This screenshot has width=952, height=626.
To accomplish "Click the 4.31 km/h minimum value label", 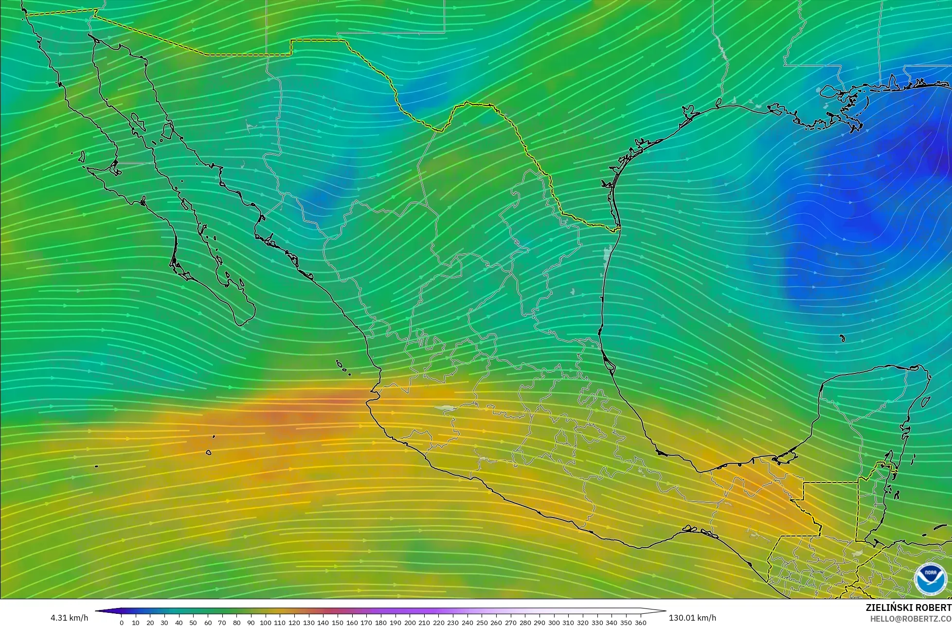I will coord(70,618).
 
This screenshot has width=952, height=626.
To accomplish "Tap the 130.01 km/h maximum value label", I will coord(692,618).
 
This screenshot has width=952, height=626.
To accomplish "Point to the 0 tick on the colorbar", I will coord(121,622).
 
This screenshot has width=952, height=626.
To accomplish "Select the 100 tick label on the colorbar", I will coord(265,622).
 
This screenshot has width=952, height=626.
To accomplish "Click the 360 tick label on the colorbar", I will coord(641,622).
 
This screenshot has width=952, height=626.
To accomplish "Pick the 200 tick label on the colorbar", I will coord(410,622).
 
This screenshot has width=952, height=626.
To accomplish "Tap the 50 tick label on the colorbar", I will coord(193,622).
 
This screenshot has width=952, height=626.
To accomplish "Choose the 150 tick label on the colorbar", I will coord(338,622).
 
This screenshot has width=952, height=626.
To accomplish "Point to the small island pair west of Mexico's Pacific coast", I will coord(344,368).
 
